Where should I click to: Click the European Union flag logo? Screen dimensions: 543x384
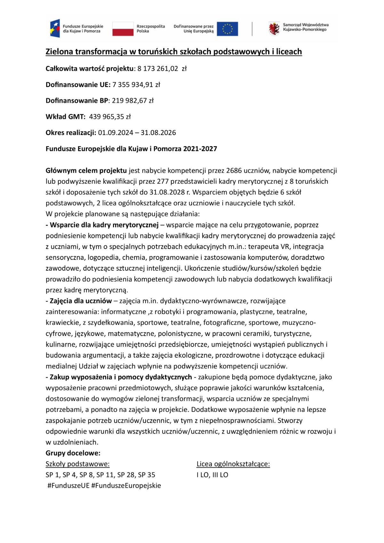[227, 29]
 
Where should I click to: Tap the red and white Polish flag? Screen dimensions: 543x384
[123, 29]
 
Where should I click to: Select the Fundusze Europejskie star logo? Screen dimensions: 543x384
[55, 28]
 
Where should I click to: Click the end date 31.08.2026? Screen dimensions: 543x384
[158, 132]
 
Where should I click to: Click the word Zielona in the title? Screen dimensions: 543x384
[60, 52]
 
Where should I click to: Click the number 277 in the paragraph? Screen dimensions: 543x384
[163, 181]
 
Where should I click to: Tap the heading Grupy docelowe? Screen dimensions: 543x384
[73, 453]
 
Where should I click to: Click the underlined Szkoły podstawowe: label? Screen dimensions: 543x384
[77, 464]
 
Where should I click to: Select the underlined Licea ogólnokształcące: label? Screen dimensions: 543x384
[233, 464]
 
